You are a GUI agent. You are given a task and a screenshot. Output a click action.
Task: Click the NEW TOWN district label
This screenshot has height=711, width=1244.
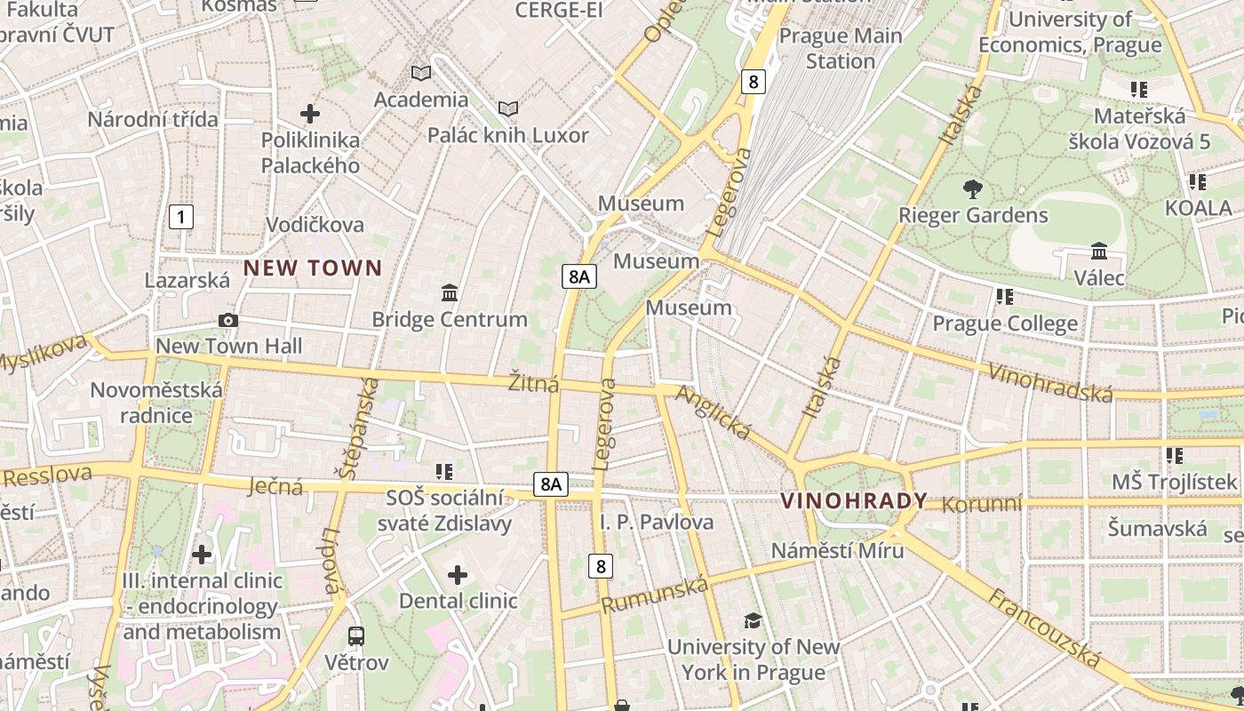313,268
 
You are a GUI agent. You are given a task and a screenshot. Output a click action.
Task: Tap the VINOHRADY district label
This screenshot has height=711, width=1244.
854,500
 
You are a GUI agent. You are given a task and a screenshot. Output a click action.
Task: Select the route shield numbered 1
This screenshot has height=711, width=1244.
180,216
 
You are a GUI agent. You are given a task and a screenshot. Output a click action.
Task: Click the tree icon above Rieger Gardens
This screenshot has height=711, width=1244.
973,188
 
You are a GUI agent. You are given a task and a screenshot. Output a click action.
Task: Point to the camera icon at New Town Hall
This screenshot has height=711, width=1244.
228,320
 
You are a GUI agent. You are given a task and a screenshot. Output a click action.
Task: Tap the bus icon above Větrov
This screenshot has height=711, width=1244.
356,635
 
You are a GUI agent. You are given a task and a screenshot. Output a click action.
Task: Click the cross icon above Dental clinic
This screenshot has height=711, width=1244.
458,575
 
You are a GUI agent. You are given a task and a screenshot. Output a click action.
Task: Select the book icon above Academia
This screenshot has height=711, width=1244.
420,73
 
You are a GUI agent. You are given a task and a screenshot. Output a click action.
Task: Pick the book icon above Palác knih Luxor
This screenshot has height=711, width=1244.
507,108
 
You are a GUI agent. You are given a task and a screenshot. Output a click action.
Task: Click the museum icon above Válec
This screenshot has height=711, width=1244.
1099,252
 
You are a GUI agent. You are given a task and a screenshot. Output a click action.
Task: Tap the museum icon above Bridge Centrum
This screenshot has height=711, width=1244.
450,292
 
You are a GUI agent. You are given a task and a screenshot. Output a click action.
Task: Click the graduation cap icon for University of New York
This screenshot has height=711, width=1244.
753,620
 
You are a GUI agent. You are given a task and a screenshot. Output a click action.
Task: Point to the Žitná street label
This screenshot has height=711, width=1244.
533,384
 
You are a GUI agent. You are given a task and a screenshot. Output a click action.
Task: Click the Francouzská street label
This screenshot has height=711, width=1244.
1043,627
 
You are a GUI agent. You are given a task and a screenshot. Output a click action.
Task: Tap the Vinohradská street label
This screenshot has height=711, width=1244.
1050,383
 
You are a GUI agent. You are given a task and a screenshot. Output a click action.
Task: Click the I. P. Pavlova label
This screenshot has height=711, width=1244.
657,522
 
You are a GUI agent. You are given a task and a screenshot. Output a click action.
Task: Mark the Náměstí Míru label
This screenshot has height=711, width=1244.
837,550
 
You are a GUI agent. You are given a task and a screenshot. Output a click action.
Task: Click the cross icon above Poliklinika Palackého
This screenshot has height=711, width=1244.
310,114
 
